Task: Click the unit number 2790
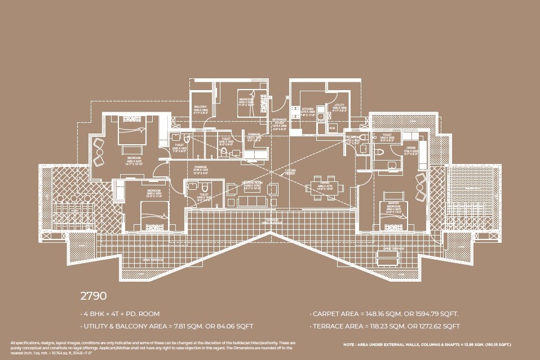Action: pos(94,295)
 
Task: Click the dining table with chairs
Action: pos(320,186)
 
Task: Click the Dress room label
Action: pos(411,149)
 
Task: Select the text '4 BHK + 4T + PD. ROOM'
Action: pos(121,314)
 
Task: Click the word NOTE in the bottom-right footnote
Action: pos(349,344)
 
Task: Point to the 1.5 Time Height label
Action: pos(289,171)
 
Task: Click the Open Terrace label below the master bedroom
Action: pos(392,247)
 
